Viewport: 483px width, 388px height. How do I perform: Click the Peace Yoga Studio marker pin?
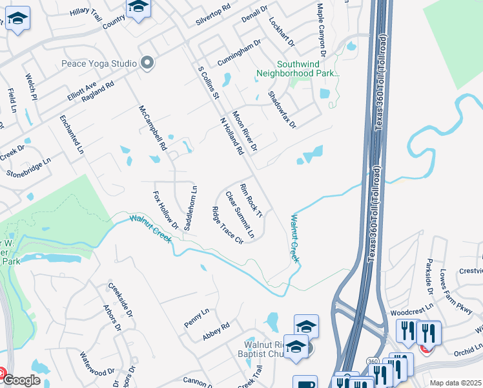tap(148, 63)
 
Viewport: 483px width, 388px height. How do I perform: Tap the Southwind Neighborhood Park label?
tap(308, 69)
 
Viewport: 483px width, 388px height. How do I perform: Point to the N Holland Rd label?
tap(231, 136)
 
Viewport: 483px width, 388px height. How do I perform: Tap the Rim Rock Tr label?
tap(251, 200)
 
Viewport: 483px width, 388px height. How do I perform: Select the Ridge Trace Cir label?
tap(227, 225)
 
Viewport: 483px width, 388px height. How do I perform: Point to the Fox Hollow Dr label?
tap(165, 210)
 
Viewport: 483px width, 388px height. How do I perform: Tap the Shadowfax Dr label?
tap(281, 109)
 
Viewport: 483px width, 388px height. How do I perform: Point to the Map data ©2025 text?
tap(455, 383)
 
